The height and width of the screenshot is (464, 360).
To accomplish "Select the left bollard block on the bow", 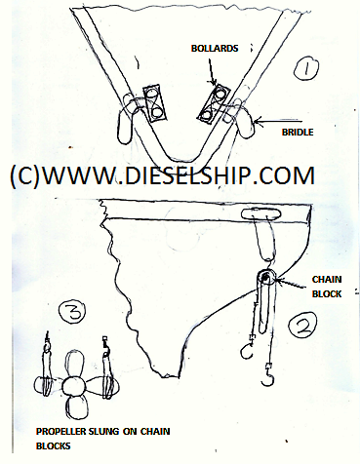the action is click(x=154, y=102).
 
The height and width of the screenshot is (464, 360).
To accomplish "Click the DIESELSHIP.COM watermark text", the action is click(x=162, y=176).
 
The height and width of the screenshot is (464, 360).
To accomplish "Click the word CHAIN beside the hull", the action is click(x=326, y=278).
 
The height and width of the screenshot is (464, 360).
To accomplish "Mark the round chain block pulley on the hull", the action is click(x=263, y=283).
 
